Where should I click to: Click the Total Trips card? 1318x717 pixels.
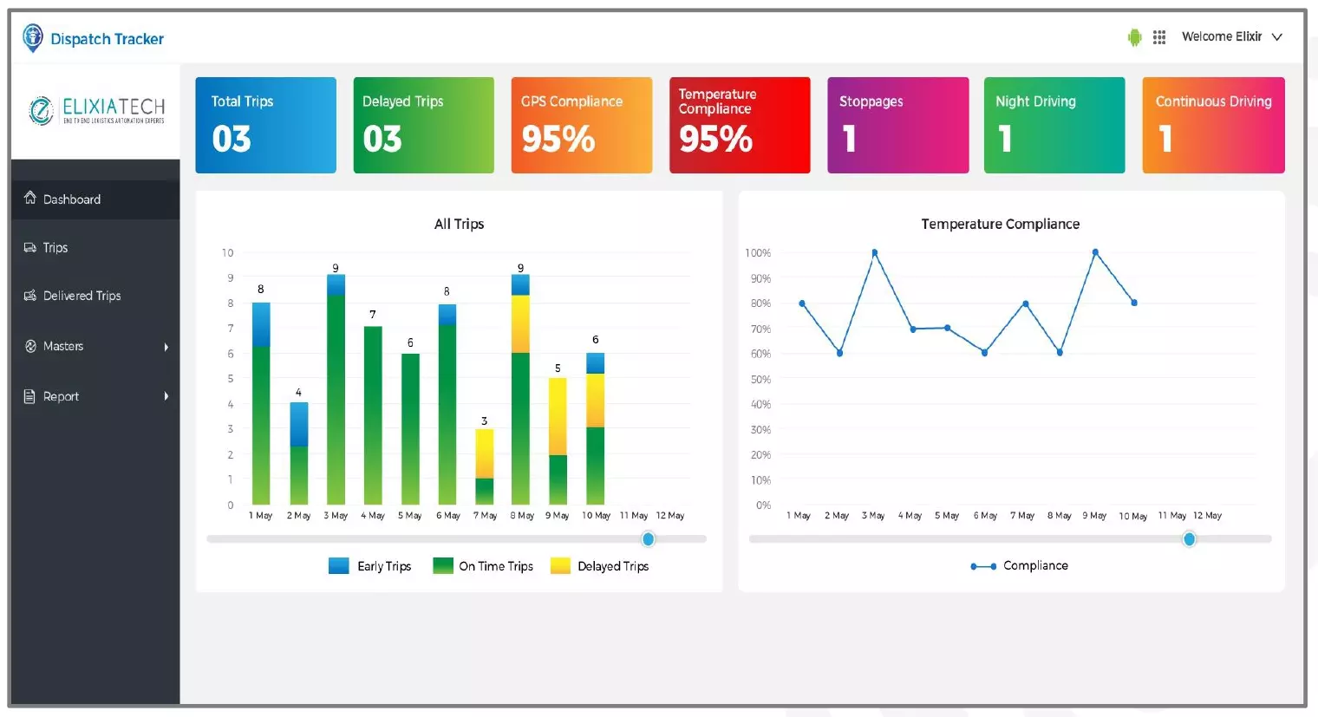coord(265,125)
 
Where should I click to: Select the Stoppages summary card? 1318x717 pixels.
coord(897,125)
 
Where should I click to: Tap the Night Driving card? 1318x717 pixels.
coord(1054,125)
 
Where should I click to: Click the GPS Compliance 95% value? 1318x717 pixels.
coord(558,139)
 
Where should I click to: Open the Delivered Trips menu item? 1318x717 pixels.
coord(82,296)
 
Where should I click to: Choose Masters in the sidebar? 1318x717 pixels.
coord(63,346)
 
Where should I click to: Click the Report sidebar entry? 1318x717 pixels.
coord(61,396)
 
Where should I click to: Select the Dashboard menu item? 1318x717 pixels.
coord(72,199)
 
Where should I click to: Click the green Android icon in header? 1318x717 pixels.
coord(1134,37)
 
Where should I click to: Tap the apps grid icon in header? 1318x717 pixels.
coord(1159,37)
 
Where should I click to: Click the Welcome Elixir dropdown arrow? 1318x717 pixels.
coord(1276,37)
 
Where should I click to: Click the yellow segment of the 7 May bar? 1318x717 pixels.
coord(485,453)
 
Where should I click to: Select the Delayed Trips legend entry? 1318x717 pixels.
coord(600,566)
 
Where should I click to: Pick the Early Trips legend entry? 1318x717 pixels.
coord(370,566)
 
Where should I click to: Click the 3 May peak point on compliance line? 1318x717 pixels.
coord(874,253)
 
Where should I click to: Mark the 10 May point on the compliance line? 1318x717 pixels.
coord(1134,303)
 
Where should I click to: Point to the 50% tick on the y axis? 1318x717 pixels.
coord(760,380)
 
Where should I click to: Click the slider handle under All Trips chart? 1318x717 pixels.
coord(649,539)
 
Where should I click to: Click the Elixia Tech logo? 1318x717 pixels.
coord(96,111)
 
